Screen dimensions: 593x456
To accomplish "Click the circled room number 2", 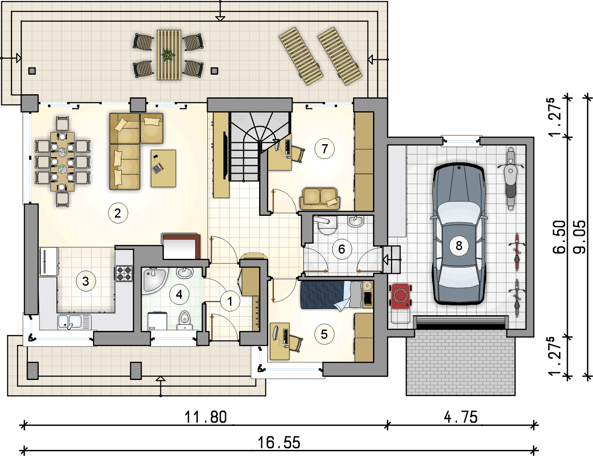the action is pos(118,213).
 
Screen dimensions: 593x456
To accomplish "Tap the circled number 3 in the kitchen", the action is pos(86,281).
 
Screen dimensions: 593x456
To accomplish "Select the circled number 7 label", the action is pos(324,149).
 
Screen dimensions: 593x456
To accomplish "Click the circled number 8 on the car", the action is pos(459,246).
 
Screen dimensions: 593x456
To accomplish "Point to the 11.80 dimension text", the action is pos(206,417).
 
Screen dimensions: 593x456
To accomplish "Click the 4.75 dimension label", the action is pos(461,417).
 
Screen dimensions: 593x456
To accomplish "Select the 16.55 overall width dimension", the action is pos(279,443).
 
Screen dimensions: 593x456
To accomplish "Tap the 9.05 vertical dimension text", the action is pos(580,237).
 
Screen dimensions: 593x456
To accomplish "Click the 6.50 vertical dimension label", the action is pos(560,237).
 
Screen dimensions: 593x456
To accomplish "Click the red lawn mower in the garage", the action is pos(400,296).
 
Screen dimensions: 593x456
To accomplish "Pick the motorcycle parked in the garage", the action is pos(510,178).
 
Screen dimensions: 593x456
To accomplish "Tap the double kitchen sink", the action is pos(74,322).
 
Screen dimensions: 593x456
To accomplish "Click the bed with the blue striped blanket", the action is pos(337,295).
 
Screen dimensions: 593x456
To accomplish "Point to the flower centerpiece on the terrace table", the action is pos(168,56).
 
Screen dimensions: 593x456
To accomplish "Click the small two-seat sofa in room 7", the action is pos(320,198).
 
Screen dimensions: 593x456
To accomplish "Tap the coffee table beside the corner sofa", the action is pos(163,168).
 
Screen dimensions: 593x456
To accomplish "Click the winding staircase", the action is pos(259,146).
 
